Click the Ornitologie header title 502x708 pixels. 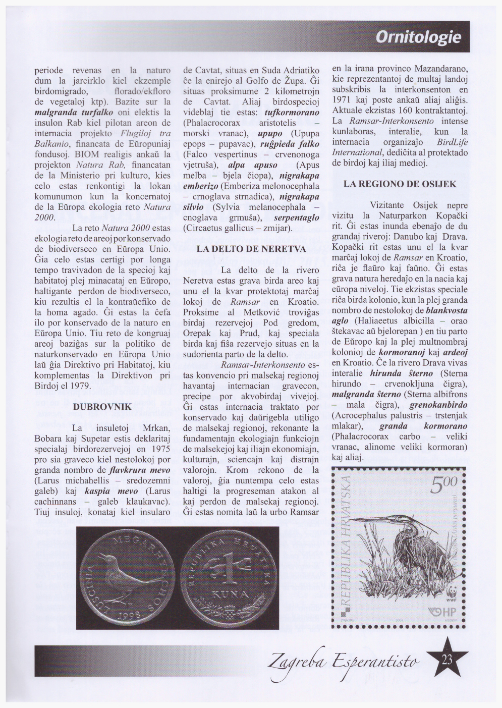tap(418, 37)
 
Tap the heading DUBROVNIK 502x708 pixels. tap(102, 406)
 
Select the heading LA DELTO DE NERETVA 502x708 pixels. tap(251, 249)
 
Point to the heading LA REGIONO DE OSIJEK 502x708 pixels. tap(400, 184)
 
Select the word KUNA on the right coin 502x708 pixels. tap(230, 595)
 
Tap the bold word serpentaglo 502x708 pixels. tap(297, 217)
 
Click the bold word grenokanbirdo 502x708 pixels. tap(438, 405)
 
